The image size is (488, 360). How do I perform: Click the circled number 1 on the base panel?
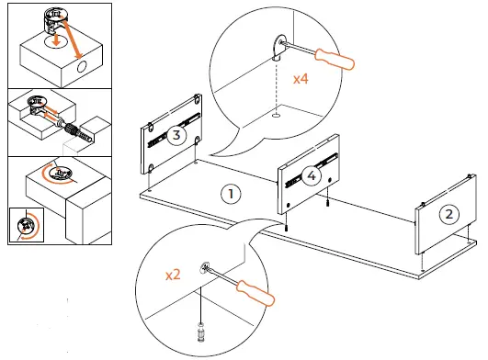click(231, 194)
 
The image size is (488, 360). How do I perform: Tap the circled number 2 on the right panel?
click(449, 214)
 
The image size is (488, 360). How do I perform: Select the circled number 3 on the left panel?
click(176, 135)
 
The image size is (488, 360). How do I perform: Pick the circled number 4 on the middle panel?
click(312, 176)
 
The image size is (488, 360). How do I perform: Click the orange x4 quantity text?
click(301, 79)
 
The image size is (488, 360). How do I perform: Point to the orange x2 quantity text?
click(173, 275)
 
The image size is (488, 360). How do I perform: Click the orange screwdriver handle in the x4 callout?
click(335, 59)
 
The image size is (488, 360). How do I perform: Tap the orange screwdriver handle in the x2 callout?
click(255, 293)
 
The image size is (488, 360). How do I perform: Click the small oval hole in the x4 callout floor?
click(276, 116)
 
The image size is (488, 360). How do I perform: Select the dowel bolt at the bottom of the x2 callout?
click(201, 332)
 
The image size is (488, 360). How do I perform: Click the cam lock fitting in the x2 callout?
click(205, 267)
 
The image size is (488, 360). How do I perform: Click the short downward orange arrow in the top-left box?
click(56, 39)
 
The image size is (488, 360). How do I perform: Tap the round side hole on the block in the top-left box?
click(82, 67)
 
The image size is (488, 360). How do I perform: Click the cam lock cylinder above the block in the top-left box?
click(55, 20)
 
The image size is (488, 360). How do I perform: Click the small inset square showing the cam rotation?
click(27, 225)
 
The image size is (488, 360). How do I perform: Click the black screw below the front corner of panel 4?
click(286, 228)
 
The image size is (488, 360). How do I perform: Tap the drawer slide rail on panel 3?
click(174, 129)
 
